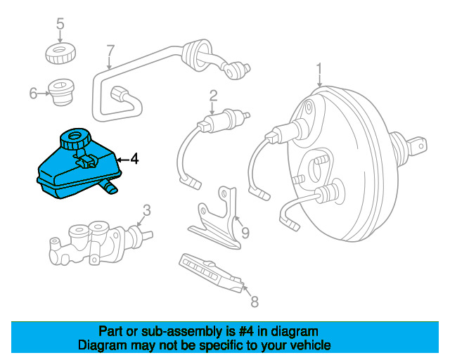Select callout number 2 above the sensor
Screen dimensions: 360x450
coord(213,96)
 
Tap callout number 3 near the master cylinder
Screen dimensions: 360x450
coord(146,210)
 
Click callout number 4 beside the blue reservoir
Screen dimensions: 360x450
coord(134,160)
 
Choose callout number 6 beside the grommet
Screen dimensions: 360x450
coord(33,93)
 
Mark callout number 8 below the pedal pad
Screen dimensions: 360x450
coord(255,302)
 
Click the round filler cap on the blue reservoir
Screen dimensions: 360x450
coord(73,137)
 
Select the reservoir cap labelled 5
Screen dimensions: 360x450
coord(60,51)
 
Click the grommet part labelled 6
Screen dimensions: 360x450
coord(61,91)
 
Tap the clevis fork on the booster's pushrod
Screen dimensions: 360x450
coord(416,146)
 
